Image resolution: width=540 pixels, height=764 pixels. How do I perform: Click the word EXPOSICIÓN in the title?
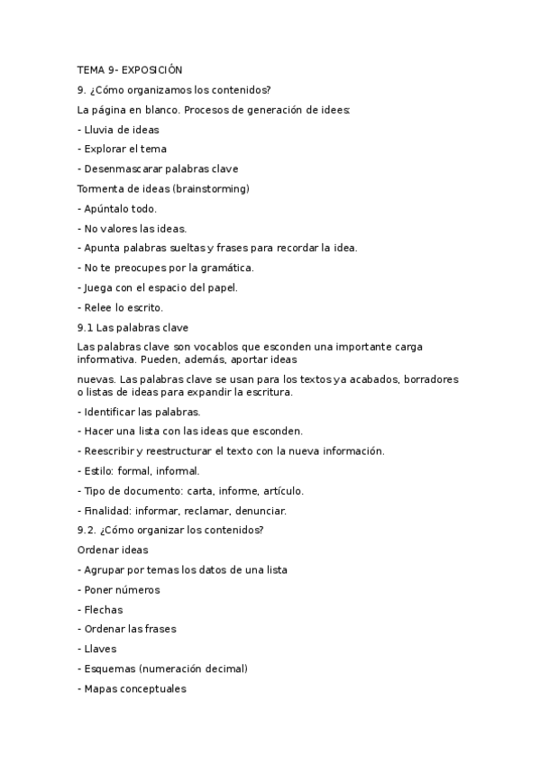coord(151,69)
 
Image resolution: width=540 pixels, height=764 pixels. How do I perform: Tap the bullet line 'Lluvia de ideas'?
coord(121,129)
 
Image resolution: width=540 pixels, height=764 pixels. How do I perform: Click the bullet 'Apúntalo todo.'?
coord(120,208)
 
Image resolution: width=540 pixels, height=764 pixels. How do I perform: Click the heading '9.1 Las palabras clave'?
coord(133,327)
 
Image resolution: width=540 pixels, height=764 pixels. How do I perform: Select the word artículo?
coord(282,490)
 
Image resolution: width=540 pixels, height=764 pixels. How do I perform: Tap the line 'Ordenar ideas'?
coord(114,549)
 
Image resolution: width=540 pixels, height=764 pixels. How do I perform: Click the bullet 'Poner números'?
coord(122,589)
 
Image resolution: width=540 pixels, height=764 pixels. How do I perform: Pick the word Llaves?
coord(100,649)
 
